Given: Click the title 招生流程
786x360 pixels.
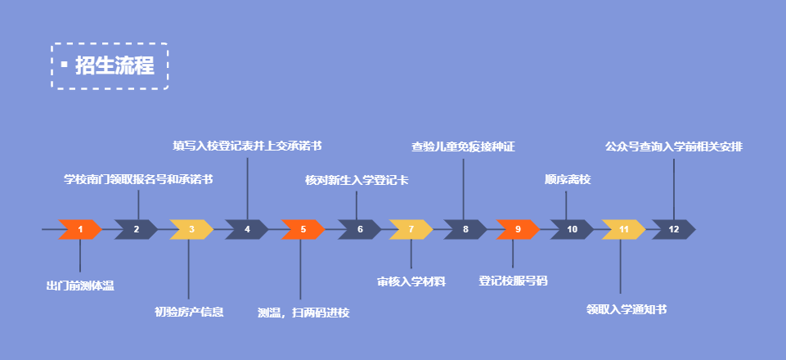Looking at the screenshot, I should click(x=115, y=65).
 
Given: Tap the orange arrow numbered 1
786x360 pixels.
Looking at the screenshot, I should click(x=80, y=230).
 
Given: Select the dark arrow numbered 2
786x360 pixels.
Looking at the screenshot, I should click(x=136, y=230).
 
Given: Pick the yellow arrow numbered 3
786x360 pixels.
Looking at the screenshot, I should click(x=191, y=230).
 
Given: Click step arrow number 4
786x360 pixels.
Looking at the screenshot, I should click(x=246, y=230).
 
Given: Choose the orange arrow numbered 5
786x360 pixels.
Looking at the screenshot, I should click(x=303, y=230).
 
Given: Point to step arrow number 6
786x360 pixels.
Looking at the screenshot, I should click(x=359, y=230).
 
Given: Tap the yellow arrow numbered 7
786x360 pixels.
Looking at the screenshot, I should click(x=411, y=230).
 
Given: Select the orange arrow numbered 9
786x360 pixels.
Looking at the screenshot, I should click(x=517, y=230).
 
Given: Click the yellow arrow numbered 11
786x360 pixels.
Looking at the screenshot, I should click(x=623, y=230).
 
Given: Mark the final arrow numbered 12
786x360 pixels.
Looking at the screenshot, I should click(x=673, y=230).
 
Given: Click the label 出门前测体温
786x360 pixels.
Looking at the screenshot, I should click(x=80, y=286).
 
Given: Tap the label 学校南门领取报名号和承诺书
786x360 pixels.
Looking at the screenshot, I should click(x=138, y=179).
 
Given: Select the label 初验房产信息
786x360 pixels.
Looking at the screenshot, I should click(x=189, y=311).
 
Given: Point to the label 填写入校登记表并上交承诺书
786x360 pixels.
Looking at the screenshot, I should click(x=247, y=146).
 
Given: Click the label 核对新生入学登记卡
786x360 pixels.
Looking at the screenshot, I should click(x=357, y=180).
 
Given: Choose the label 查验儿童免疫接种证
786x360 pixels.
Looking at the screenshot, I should click(x=463, y=147).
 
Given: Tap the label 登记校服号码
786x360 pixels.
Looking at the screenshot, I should click(x=513, y=281).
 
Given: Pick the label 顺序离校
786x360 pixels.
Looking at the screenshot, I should click(x=567, y=180).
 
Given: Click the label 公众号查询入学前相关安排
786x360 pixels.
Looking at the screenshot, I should click(x=674, y=147).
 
